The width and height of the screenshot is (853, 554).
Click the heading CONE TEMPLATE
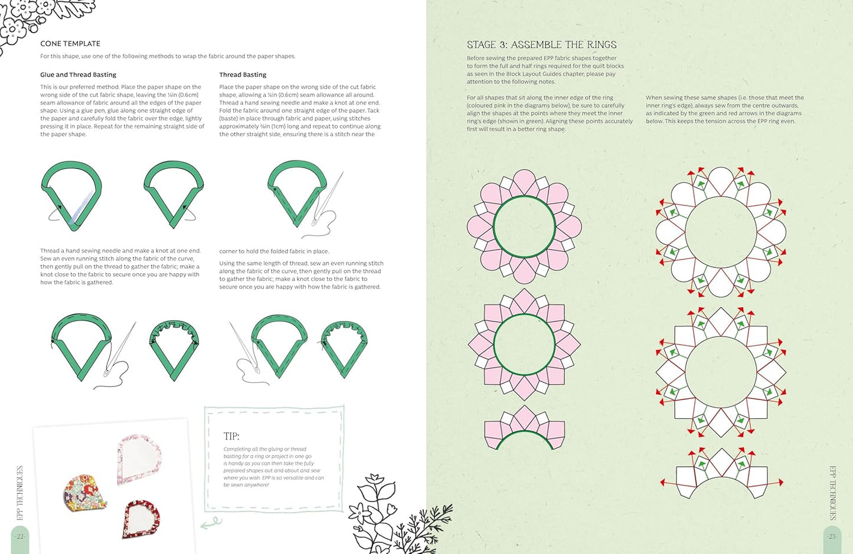pos(70,44)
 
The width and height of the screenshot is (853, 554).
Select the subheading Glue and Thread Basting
pos(78,74)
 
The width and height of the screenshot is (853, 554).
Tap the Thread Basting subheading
pos(243,74)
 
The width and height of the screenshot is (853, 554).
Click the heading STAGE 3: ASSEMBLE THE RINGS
pos(541,45)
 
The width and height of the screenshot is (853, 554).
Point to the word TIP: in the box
pos(231,436)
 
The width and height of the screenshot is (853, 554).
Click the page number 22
pos(19,536)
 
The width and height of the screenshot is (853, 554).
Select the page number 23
pos(832,536)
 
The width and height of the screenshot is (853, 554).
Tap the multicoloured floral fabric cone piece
pos(84,493)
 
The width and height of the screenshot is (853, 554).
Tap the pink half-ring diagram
pos(524,428)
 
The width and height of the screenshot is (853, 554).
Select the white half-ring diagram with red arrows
pos(721,474)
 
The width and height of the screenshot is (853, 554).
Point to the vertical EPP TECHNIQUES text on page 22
pos(20,493)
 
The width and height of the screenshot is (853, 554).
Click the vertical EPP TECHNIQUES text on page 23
pos(833,493)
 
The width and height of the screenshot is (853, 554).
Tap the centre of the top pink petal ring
pos(524,227)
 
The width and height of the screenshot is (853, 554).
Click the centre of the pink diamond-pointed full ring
pos(524,345)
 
